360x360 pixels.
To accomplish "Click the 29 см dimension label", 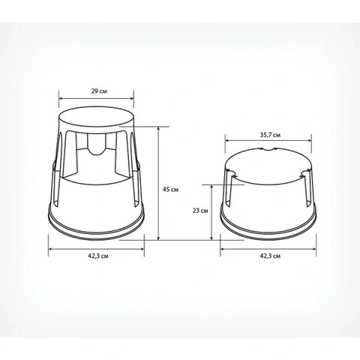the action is pos(99,91).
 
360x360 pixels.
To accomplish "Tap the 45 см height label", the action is pos(170,189).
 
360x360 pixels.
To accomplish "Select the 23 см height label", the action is pos(200,211).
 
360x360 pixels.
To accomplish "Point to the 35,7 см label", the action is pos(270,135).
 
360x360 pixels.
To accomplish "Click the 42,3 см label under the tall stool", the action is pos(98,256).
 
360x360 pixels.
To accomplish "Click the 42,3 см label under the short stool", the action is pos(270,256).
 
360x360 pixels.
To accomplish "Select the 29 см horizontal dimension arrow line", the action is pos(96,98).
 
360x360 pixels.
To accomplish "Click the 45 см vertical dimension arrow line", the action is pos(158,183).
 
